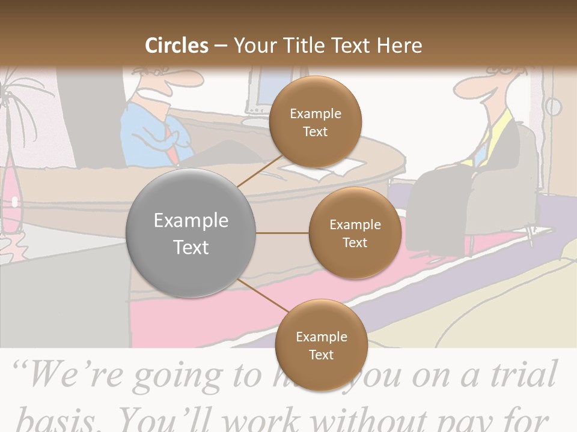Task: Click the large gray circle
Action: tap(191, 233)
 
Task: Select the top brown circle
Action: tap(315, 122)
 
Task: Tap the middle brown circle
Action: tap(355, 233)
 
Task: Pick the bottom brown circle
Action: tap(321, 345)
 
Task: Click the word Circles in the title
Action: tap(177, 46)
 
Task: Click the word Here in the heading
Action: tap(399, 46)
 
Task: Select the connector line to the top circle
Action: tap(260, 170)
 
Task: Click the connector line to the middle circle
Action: tap(282, 233)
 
